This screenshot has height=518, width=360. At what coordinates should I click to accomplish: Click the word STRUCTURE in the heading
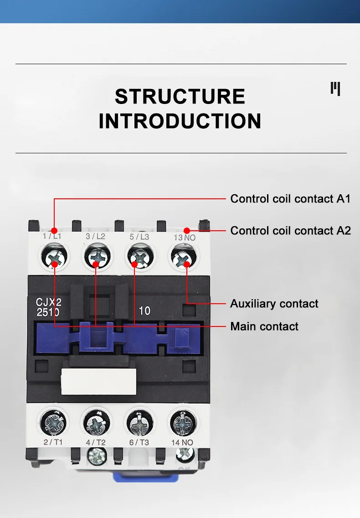[180, 97]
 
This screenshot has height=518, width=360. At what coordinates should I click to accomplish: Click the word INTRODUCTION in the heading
[180, 121]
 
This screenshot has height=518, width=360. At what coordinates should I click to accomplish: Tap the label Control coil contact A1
[290, 199]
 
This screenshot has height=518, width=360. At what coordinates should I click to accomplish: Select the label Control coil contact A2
[290, 231]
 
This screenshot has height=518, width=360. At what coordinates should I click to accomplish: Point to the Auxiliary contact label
[274, 304]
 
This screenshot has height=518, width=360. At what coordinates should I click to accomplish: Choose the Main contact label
[264, 326]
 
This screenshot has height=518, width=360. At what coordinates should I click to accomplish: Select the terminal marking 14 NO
[183, 442]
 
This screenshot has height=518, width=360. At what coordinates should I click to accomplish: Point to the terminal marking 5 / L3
[139, 237]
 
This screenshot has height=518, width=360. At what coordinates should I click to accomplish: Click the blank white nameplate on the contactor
[98, 381]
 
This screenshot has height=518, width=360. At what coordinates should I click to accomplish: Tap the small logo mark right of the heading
[335, 88]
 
